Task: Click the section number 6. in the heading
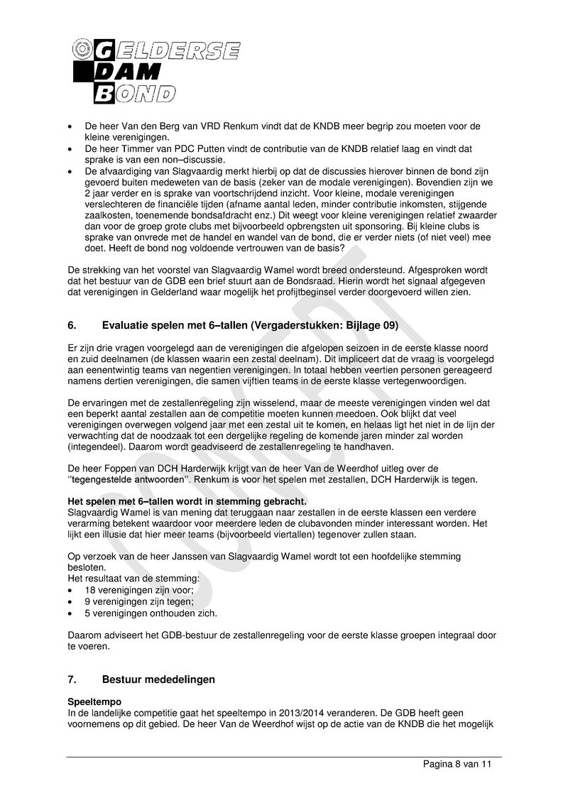[x=72, y=326]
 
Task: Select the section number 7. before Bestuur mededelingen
[x=72, y=679]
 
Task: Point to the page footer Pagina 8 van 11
[x=457, y=765]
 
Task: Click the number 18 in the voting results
[x=90, y=590]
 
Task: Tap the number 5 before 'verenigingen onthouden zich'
[x=87, y=613]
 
